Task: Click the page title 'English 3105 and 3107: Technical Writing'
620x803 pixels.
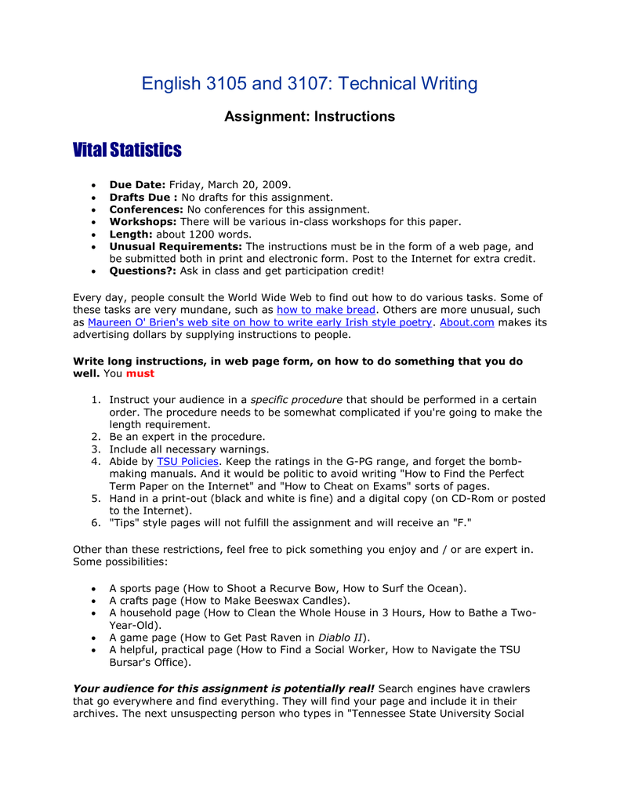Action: point(310,84)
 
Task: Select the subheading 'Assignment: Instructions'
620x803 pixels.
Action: point(310,117)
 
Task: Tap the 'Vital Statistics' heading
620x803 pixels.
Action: point(127,150)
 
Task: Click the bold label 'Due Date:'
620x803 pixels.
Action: point(137,184)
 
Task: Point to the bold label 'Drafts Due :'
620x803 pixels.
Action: point(143,197)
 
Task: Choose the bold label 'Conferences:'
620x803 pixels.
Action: point(146,209)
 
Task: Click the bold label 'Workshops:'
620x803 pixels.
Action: point(143,222)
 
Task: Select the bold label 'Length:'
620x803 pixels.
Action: point(131,234)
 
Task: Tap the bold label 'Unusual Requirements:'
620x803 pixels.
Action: point(176,247)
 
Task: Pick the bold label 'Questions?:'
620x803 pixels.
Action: point(143,271)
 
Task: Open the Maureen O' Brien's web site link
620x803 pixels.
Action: point(259,322)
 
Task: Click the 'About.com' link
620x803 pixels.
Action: point(467,322)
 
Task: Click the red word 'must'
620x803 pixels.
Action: point(140,373)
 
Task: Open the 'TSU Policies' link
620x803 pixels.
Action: point(187,462)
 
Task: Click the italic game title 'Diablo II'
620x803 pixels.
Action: point(340,638)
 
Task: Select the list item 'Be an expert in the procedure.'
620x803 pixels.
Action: point(187,437)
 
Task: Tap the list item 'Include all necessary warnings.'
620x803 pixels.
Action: point(189,449)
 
